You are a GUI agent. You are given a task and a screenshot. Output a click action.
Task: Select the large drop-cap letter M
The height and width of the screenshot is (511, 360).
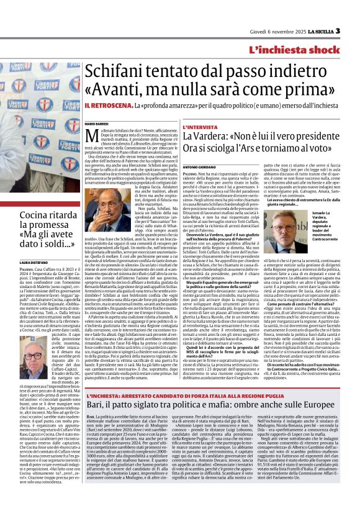89,136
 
